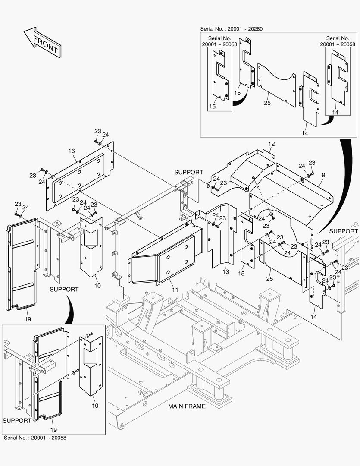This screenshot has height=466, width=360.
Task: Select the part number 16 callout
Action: [72, 151]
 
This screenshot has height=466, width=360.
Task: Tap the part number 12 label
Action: [271, 144]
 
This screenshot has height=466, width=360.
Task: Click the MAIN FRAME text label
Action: [187, 406]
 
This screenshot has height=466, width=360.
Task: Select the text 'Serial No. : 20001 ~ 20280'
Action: [232, 29]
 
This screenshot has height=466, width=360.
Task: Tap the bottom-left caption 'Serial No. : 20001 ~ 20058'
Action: [35, 438]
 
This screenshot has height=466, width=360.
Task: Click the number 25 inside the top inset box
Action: [267, 104]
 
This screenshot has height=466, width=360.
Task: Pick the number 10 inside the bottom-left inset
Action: [95, 406]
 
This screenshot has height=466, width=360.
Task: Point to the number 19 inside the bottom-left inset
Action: [53, 430]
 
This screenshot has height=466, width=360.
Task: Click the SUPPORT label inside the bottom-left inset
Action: [17, 420]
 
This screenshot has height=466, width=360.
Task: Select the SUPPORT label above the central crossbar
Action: [188, 172]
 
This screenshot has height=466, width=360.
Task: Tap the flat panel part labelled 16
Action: [80, 177]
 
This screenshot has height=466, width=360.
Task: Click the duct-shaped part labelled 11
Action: [166, 255]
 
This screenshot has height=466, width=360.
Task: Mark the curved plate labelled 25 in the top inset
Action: [276, 84]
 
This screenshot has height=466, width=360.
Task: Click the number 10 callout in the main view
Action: [97, 286]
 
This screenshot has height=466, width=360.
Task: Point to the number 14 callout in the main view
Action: [313, 317]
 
